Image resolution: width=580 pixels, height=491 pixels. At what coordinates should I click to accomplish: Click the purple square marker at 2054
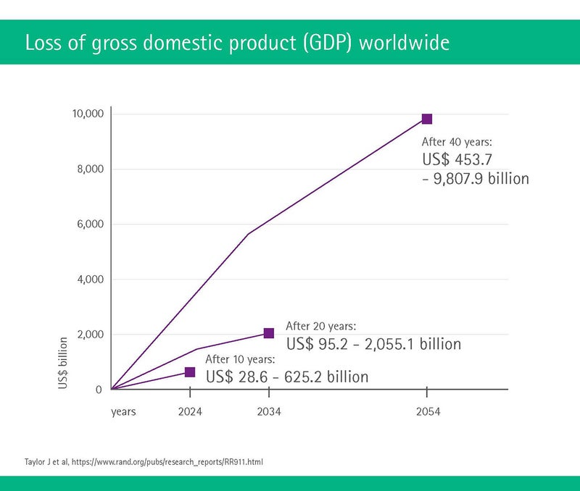[427, 119]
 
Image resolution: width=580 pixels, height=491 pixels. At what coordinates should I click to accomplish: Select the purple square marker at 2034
[269, 333]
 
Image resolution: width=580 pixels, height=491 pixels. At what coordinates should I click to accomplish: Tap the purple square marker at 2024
[190, 372]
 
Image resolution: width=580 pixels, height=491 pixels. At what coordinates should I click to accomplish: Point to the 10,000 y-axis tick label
[88, 114]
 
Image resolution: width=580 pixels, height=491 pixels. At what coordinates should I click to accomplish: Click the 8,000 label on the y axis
[91, 169]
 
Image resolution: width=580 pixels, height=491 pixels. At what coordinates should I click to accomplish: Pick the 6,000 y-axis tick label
[91, 224]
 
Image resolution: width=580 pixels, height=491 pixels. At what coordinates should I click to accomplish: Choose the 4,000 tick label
[91, 279]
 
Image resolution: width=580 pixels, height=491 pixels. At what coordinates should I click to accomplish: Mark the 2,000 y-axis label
[91, 334]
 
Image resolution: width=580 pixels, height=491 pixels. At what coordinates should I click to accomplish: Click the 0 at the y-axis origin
[99, 390]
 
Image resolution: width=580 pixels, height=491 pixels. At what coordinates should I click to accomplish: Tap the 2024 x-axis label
[190, 411]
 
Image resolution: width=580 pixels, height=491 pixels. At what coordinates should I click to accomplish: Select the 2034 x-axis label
[269, 411]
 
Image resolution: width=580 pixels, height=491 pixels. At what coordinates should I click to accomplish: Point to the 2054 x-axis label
[428, 411]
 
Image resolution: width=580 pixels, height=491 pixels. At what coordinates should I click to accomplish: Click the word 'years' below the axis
[123, 412]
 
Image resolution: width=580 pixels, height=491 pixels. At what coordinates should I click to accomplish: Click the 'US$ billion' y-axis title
[63, 363]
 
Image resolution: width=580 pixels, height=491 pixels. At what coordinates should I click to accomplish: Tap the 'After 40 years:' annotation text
[457, 142]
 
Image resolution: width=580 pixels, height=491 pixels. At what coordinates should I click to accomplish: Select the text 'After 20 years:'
[320, 326]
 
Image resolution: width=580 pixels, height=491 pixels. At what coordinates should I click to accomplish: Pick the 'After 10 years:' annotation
[240, 359]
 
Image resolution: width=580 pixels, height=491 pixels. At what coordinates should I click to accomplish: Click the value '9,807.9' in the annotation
[458, 179]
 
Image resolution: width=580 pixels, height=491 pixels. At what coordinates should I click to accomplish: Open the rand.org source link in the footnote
[167, 462]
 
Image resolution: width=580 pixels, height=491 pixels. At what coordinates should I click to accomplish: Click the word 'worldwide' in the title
[405, 43]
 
